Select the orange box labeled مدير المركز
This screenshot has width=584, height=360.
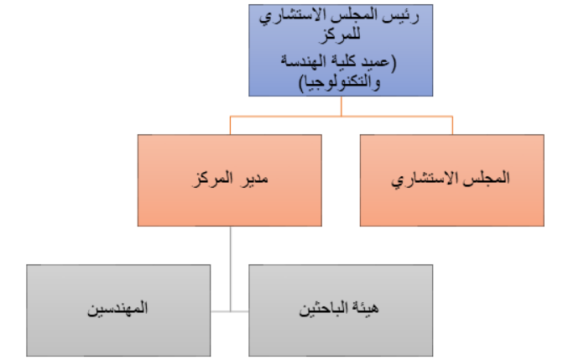point(229,180)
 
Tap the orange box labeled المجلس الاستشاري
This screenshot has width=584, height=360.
point(452,180)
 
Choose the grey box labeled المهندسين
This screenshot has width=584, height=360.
point(117,310)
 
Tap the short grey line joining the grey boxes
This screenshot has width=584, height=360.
point(230,311)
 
